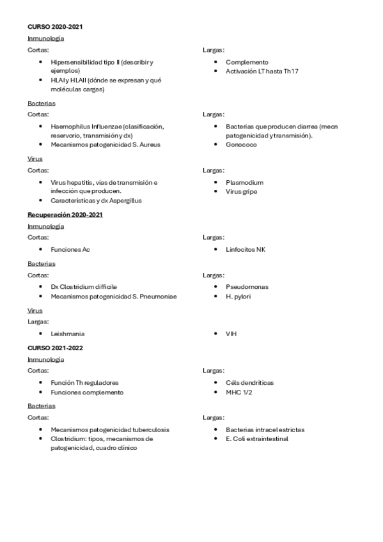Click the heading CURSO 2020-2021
click(x=54, y=27)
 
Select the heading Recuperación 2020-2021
click(x=65, y=215)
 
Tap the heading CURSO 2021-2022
click(x=54, y=347)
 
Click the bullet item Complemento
click(x=247, y=62)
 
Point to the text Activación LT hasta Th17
click(x=262, y=71)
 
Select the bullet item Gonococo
click(x=242, y=144)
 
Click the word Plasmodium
click(x=244, y=182)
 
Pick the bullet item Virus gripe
click(x=242, y=191)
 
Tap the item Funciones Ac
click(x=70, y=249)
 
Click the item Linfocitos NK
click(x=245, y=249)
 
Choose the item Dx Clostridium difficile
click(x=84, y=287)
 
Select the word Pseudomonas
click(x=247, y=287)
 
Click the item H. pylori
click(x=238, y=296)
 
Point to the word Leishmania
click(x=67, y=334)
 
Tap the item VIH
click(x=231, y=334)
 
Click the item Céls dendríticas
click(x=249, y=382)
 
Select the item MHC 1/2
click(x=238, y=392)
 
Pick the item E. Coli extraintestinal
click(x=257, y=439)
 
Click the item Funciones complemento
click(x=87, y=392)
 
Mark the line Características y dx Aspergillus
click(x=96, y=200)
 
